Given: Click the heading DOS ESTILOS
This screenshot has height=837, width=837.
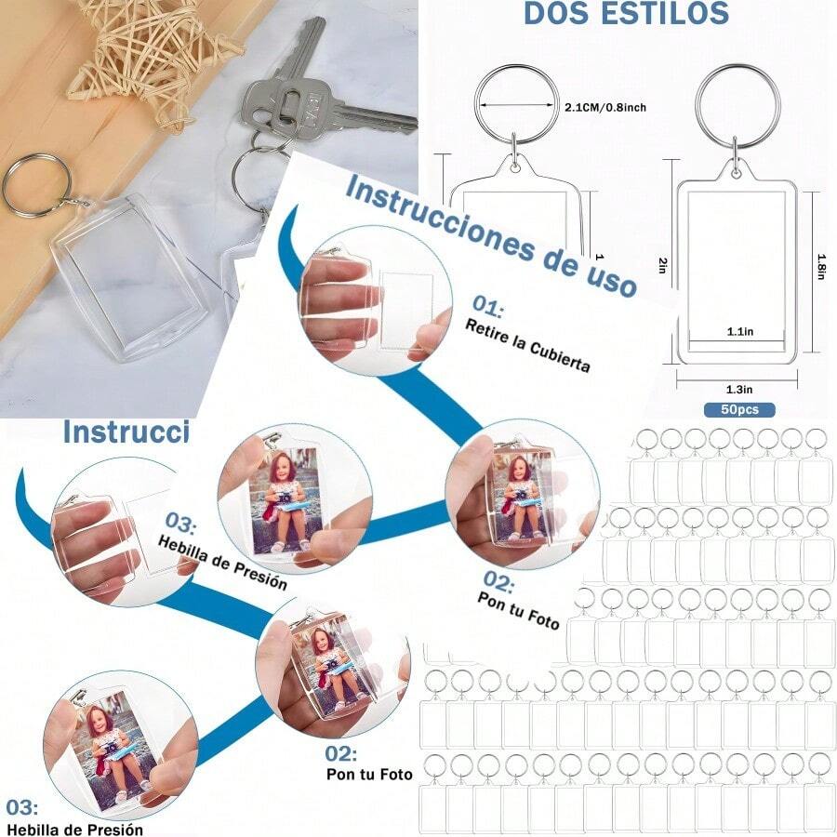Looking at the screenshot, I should point(626,13).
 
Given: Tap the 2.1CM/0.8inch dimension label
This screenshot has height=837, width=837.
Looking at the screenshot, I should point(605,108).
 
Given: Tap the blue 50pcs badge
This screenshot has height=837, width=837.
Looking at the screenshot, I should point(738,409).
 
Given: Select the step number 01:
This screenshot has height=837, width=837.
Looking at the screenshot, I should point(487,305).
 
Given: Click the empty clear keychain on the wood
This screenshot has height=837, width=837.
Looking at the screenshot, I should point(130,274).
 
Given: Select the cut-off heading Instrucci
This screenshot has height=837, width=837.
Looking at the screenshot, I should point(126,432).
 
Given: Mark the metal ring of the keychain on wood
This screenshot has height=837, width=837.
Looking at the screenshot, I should point(37,183).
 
